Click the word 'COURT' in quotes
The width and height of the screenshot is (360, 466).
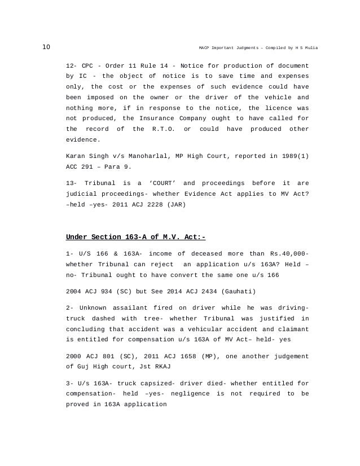160,183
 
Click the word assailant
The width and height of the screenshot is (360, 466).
134,307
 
